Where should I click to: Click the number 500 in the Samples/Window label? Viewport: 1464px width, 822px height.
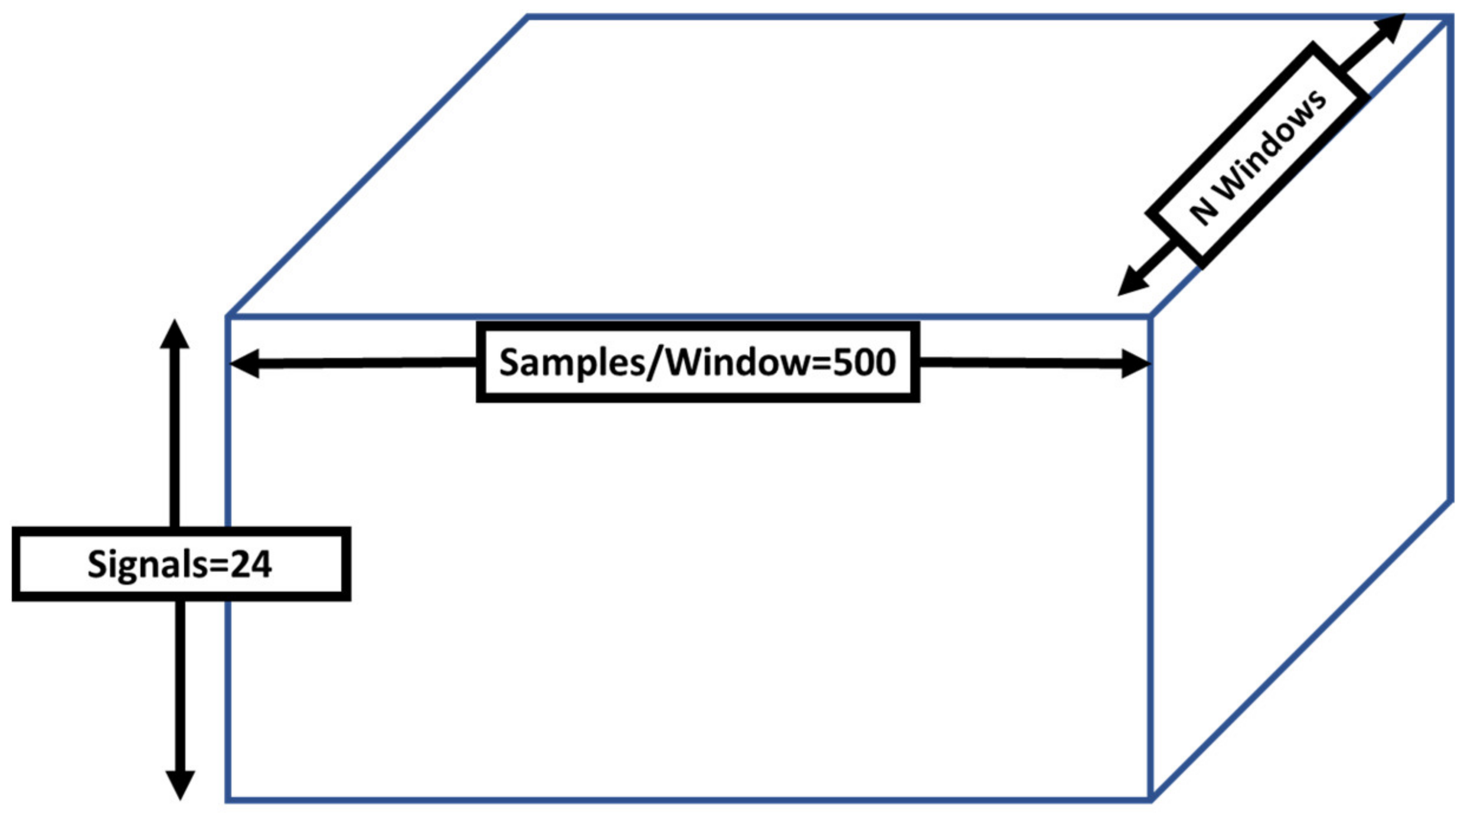[864, 362]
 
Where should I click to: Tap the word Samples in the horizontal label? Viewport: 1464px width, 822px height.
[571, 362]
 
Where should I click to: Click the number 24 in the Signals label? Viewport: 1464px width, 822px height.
[251, 564]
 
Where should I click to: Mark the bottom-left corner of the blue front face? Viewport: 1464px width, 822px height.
[228, 800]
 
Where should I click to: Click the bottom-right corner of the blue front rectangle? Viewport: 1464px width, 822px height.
[1151, 800]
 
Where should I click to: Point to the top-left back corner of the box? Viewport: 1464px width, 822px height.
[527, 17]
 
